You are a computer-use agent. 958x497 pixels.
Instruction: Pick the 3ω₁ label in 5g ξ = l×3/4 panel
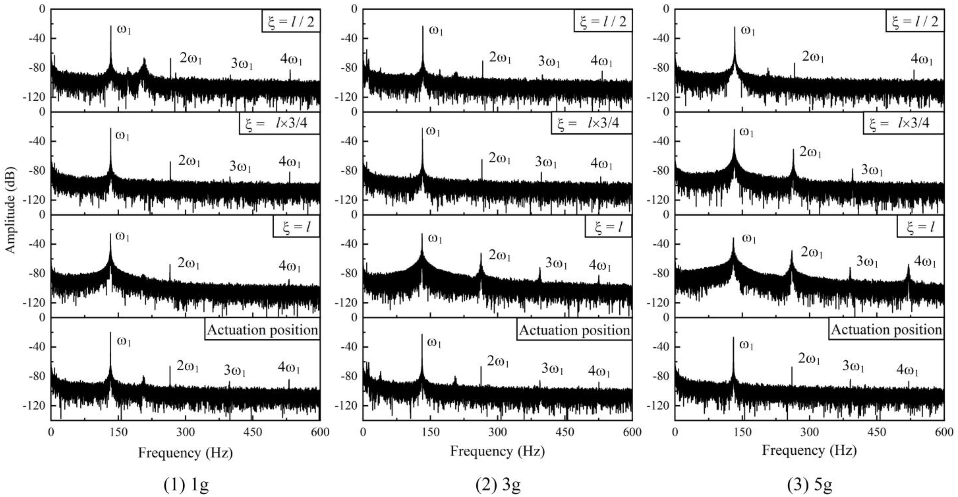872,170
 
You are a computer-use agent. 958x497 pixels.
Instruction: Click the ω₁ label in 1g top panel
124,30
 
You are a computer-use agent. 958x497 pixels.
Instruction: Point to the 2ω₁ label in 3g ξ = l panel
500,256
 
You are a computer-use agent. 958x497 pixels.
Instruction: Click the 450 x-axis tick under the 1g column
253,432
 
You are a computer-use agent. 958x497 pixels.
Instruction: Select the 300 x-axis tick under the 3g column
498,432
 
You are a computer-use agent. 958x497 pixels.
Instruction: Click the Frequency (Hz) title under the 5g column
809,451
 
